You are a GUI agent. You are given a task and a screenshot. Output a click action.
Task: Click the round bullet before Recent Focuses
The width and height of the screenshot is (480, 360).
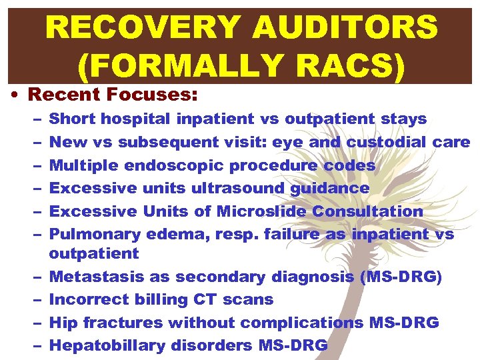15,95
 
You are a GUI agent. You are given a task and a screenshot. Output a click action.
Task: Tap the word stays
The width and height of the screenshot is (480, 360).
403,119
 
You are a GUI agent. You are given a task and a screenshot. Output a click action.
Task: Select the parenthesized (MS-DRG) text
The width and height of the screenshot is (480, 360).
401,277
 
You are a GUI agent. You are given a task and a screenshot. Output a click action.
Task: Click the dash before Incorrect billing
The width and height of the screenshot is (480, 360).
35,299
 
